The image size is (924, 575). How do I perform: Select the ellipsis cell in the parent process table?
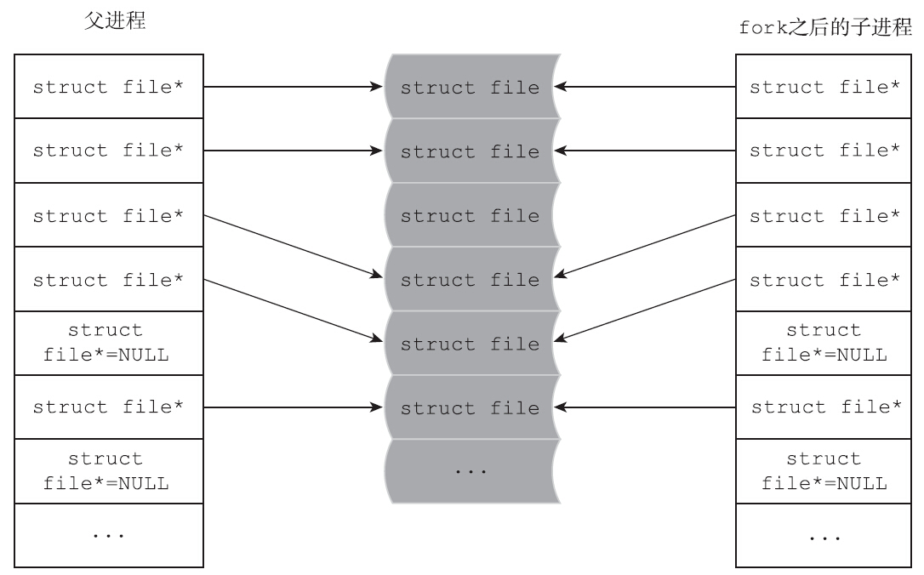coord(108,535)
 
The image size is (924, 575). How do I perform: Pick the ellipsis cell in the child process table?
coord(824,535)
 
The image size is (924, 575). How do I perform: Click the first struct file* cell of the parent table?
coord(108,87)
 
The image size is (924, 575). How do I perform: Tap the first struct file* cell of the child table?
coord(824,87)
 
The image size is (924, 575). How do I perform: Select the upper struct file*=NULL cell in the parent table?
coord(108,343)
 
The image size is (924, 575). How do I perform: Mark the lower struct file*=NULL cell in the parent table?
coord(108,471)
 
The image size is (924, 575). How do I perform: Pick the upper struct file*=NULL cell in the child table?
coord(824,343)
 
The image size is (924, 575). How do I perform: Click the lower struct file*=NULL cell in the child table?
coord(824,471)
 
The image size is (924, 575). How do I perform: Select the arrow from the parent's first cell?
coord(289,87)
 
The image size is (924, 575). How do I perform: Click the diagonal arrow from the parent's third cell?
coord(289,247)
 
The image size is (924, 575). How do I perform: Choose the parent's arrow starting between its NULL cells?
coord(289,407)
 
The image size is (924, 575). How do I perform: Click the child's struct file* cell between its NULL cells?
coord(824,407)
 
